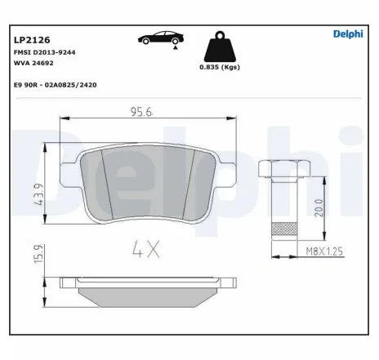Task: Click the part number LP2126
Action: pyautogui.click(x=30, y=38)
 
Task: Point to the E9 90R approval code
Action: pyautogui.click(x=56, y=84)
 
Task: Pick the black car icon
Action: pyautogui.click(x=158, y=38)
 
